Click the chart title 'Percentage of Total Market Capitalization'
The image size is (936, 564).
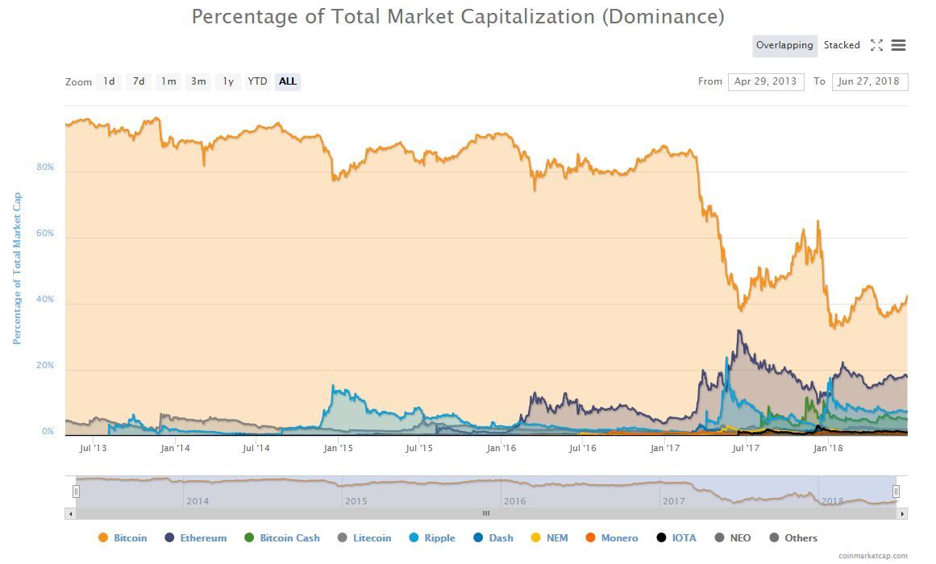pos(457,16)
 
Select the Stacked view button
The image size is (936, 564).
pos(842,45)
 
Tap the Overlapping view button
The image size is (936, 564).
pos(784,45)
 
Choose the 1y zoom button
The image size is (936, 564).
pos(228,81)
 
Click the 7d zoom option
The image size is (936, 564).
pos(139,81)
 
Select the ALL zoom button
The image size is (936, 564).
pos(288,81)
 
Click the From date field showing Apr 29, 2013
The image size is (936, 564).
pos(765,81)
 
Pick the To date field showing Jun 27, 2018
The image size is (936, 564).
pos(869,81)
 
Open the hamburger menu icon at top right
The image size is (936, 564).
pos(898,45)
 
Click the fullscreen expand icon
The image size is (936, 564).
pos(876,45)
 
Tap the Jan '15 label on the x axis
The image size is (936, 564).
pos(339,448)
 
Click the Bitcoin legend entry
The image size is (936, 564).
pos(123,538)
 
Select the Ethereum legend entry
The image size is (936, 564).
pos(196,538)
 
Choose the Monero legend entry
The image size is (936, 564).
pos(612,538)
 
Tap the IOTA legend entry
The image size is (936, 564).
pos(676,538)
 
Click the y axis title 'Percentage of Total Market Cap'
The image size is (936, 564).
pos(17,268)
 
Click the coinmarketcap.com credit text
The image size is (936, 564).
pos(872,556)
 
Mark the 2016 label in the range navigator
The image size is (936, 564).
pos(514,501)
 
